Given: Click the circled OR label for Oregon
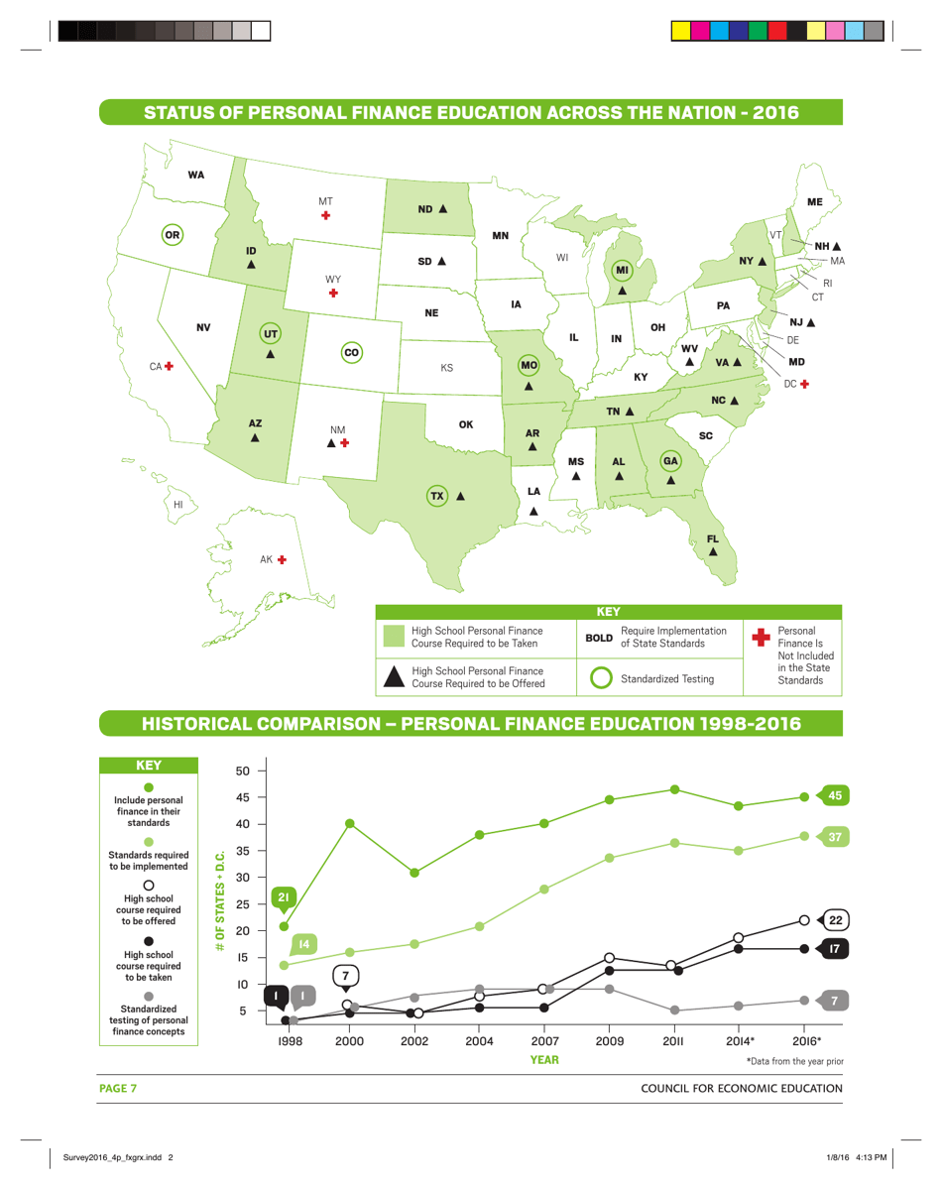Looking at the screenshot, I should click(174, 235).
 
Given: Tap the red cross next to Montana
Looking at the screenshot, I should click(325, 215).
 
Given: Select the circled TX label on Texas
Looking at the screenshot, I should click(436, 495).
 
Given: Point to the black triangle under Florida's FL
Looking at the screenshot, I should click(713, 551).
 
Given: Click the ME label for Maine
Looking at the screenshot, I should click(814, 201).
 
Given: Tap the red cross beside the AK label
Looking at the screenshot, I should click(282, 560).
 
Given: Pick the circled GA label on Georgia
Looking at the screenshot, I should click(671, 461).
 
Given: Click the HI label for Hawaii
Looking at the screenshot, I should click(178, 505).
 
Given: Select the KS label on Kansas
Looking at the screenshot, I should click(446, 368).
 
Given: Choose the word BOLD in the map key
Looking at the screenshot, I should click(599, 638).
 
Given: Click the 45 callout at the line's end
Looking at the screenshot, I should click(834, 795).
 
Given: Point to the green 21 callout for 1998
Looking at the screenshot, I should click(284, 898).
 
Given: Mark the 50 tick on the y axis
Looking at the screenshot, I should click(242, 771).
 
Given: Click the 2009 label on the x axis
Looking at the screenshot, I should click(609, 1041).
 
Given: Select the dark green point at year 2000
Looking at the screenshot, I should click(350, 823).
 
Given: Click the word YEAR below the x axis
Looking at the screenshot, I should click(543, 1060).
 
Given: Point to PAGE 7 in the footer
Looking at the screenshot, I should click(117, 1089).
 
